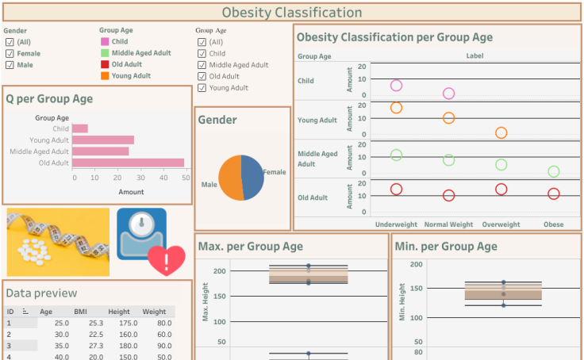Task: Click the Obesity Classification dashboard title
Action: coord(291,12)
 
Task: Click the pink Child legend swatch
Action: coord(105,42)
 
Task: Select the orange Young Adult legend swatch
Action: coord(105,76)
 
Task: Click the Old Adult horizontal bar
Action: coord(128,163)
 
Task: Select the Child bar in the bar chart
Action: coord(80,128)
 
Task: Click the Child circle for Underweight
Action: coord(396,86)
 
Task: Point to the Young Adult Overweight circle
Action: coord(501,133)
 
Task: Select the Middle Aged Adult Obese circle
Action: coord(553,171)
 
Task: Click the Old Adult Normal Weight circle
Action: coord(448,195)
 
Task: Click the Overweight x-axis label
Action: coord(501,224)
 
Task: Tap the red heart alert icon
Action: coord(167,260)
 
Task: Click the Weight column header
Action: coord(154,312)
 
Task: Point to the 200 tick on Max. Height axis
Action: coord(220,271)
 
